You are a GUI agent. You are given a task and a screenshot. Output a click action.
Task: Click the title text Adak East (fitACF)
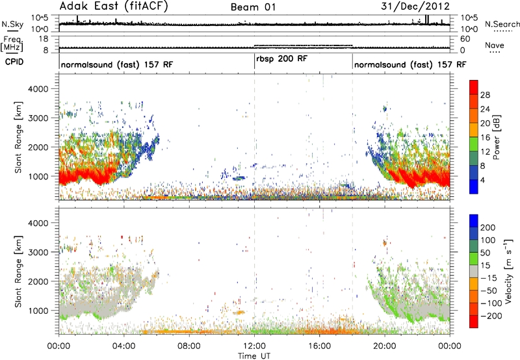pyautogui.click(x=114, y=6)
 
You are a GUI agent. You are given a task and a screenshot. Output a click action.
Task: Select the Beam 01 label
pyautogui.click(x=253, y=7)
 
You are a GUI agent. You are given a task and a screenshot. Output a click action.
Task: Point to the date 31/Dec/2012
pyautogui.click(x=415, y=6)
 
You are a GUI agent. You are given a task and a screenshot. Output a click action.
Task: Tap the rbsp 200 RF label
pyautogui.click(x=282, y=58)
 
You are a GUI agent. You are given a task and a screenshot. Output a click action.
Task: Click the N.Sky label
pyautogui.click(x=12, y=24)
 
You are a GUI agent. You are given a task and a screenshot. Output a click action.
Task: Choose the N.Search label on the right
pyautogui.click(x=502, y=24)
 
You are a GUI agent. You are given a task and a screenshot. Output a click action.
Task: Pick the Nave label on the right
pyautogui.click(x=495, y=45)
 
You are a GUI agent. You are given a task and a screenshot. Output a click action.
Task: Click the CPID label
pyautogui.click(x=14, y=62)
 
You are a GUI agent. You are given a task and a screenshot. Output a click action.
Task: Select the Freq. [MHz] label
pyautogui.click(x=12, y=44)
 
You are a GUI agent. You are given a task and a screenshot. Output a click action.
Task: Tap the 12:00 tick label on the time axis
pyautogui.click(x=254, y=346)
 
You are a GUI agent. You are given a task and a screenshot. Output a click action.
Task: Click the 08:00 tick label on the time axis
pyautogui.click(x=189, y=346)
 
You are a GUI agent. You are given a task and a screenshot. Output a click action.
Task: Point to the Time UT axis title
pyautogui.click(x=254, y=356)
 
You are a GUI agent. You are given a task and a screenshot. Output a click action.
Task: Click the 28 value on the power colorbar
pyautogui.click(x=485, y=95)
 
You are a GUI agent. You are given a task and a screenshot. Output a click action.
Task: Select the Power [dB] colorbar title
pyautogui.click(x=497, y=137)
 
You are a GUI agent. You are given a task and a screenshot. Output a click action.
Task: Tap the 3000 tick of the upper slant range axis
pyautogui.click(x=39, y=118)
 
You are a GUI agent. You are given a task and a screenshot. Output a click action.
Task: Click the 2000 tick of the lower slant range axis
pyautogui.click(x=39, y=281)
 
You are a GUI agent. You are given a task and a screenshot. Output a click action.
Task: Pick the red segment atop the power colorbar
pyautogui.click(x=474, y=88)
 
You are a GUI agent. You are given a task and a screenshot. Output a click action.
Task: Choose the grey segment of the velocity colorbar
pyautogui.click(x=474, y=271)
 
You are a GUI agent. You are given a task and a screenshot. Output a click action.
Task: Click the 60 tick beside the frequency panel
pyautogui.click(x=465, y=39)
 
